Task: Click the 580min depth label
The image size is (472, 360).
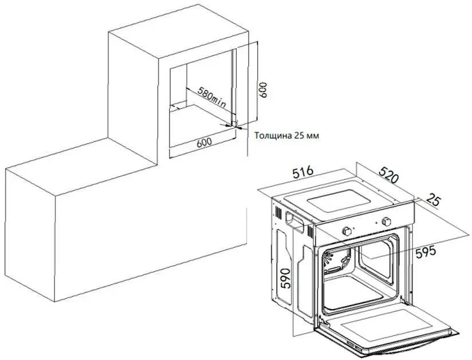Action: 212,97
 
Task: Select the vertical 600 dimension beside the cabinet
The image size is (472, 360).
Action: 263,90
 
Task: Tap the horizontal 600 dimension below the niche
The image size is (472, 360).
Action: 204,143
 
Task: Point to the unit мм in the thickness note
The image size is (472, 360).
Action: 312,136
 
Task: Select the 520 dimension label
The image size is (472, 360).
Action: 388,175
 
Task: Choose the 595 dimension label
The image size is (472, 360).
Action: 426,252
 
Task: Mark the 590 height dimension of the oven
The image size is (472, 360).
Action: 285,278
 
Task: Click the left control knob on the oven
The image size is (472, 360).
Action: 347,231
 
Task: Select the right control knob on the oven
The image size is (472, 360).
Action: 386,222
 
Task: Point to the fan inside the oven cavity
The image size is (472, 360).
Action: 328,259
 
